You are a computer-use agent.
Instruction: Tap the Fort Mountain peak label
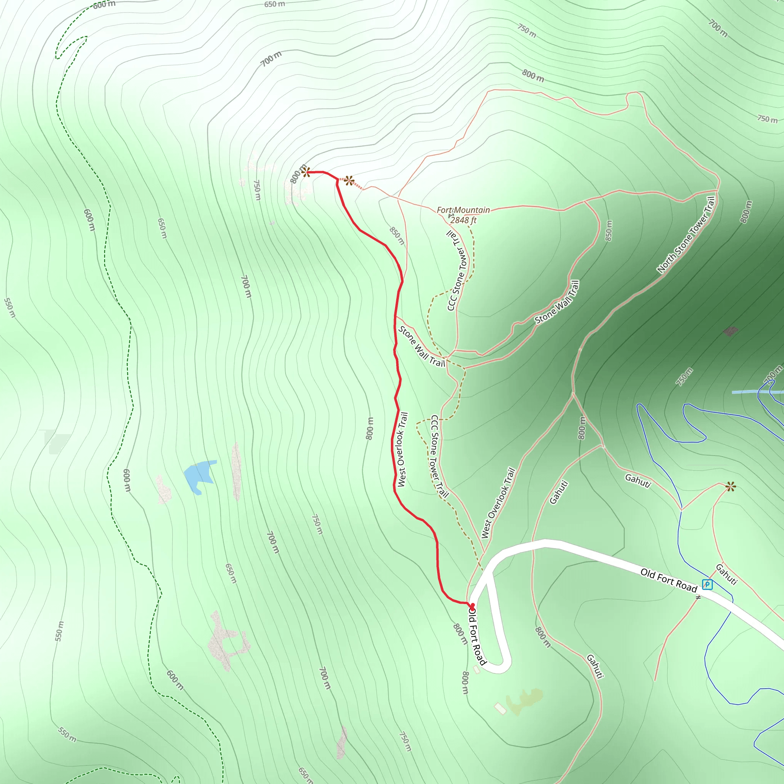point(463,210)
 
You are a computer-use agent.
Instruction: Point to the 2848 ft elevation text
point(463,220)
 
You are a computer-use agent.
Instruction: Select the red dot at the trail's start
point(472,605)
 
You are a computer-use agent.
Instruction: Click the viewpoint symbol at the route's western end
point(306,171)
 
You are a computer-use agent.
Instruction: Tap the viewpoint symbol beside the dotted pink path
point(349,181)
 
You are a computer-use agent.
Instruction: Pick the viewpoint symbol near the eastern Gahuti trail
point(730,486)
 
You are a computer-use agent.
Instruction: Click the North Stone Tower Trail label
point(686,235)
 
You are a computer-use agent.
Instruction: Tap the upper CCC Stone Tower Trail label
point(457,270)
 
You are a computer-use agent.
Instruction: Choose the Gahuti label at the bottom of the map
point(595,666)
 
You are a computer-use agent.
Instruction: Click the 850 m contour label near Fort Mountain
point(397,236)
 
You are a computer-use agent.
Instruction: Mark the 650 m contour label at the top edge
point(274,5)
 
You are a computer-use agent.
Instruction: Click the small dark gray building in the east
point(730,331)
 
